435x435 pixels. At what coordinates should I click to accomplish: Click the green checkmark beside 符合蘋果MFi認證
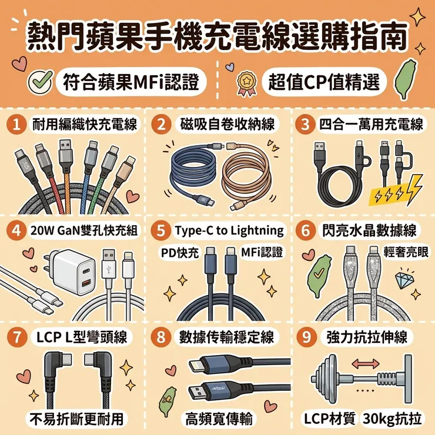point(41,82)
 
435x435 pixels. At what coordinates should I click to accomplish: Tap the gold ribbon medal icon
point(246,83)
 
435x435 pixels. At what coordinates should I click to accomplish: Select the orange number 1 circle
point(16,124)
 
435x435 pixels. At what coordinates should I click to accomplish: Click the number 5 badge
point(161,230)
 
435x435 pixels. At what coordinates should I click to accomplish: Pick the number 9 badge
point(306,337)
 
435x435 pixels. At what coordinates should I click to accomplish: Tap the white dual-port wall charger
point(72,272)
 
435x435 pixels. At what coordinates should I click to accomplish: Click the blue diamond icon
point(405,279)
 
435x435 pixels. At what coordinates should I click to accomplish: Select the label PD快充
point(180,252)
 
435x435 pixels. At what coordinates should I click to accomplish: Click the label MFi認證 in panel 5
point(262,252)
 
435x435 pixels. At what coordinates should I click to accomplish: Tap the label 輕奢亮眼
point(406,252)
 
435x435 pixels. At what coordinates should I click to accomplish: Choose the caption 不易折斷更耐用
point(77,419)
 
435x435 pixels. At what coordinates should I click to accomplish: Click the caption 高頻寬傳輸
point(219,419)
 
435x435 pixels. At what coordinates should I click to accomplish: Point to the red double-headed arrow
point(366,363)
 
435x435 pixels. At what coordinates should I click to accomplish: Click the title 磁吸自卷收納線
point(227,124)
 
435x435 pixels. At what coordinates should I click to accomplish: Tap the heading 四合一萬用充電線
point(371,124)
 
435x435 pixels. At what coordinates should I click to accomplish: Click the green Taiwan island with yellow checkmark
point(320,277)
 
